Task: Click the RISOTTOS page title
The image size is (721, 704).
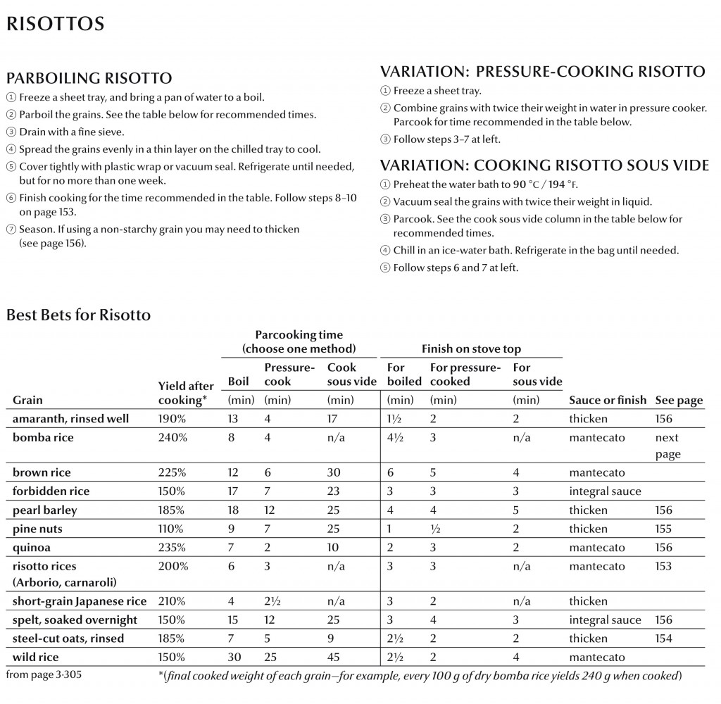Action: click(55, 24)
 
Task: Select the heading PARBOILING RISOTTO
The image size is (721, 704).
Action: click(89, 77)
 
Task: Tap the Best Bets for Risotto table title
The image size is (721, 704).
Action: click(78, 315)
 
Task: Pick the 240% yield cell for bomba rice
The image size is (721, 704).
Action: click(173, 437)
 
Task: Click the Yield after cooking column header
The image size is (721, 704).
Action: click(186, 393)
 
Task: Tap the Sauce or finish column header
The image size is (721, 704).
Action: click(607, 400)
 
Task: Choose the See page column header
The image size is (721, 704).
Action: click(679, 400)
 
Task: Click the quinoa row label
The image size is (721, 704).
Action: click(32, 547)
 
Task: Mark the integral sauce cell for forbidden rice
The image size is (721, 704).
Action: click(605, 491)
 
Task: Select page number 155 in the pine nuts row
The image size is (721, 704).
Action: click(663, 529)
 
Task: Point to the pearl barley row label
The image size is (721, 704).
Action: click(45, 510)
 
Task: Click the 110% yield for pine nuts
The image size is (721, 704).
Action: click(172, 529)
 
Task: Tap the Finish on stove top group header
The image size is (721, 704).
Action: click(471, 348)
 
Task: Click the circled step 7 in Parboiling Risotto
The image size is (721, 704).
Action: click(11, 230)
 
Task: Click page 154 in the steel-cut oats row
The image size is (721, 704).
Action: click(663, 639)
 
